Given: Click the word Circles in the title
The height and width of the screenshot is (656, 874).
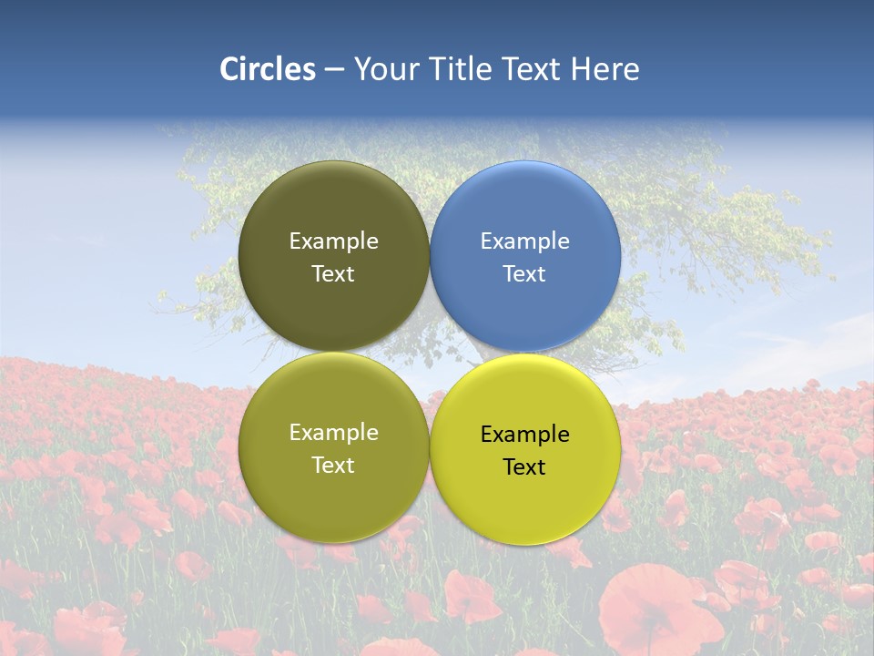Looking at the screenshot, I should pos(268,69).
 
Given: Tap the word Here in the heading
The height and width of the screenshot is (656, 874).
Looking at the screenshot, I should pos(605,69).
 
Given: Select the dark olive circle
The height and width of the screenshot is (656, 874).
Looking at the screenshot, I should pos(333,210).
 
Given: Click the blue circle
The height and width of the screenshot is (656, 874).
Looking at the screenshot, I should pos(525,210).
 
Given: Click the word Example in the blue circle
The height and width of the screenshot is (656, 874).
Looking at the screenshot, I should pos(525,241).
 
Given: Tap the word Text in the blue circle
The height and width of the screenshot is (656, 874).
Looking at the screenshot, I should pos(525,274).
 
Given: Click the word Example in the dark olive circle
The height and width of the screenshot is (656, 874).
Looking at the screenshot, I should pos(333,241).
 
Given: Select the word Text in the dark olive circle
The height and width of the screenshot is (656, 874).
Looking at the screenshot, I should pos(333,274).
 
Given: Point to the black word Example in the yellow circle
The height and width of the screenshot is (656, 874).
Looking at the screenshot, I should pos(525,435).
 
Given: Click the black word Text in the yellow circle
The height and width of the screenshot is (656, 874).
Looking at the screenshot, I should pos(525,467).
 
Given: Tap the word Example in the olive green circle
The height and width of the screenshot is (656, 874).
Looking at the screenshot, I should pos(333,433).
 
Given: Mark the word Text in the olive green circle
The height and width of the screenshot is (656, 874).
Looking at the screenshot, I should pos(333,466).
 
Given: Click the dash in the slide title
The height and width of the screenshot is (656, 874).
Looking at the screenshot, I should pos(334,70).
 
